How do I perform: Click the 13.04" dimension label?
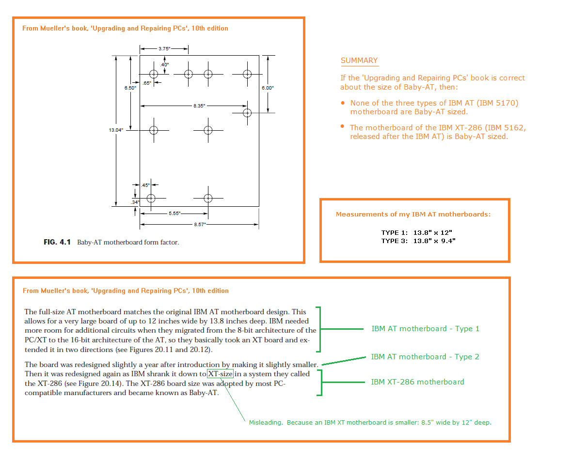click(x=116, y=130)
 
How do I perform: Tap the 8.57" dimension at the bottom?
click(x=199, y=224)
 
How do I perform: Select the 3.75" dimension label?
click(x=164, y=48)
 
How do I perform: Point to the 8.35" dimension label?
click(x=199, y=105)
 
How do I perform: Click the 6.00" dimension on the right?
click(x=268, y=88)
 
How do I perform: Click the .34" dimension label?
click(x=135, y=202)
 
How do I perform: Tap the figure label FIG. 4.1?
click(x=57, y=242)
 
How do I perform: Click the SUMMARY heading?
click(x=359, y=61)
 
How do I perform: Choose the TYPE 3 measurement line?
click(x=418, y=241)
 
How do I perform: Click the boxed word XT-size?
click(x=220, y=374)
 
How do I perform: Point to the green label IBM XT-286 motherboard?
click(x=417, y=382)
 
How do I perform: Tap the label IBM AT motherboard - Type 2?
click(x=425, y=357)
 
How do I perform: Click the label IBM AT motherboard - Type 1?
click(x=425, y=329)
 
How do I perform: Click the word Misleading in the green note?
click(x=266, y=422)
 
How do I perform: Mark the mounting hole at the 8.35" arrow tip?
click(x=247, y=113)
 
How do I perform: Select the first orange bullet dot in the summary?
click(x=343, y=103)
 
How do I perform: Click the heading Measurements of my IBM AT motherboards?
click(x=413, y=215)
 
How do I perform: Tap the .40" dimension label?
click(x=164, y=64)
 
